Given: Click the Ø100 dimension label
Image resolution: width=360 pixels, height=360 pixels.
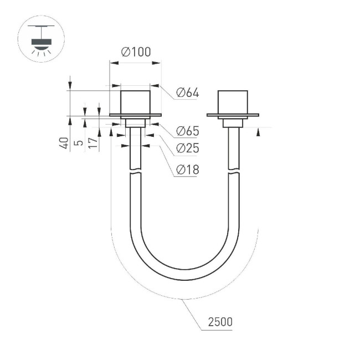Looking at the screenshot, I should pos(136,52).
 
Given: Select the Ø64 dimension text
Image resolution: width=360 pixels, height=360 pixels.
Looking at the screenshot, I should pos(188,93).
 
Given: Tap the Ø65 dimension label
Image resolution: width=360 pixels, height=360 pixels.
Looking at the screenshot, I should pos(188,131).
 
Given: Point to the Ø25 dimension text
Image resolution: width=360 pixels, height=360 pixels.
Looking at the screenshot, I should pos(188,148).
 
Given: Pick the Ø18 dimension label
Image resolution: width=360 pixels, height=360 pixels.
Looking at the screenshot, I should pos(188,171).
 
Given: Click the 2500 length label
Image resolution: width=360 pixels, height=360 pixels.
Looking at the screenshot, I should pos(220,322).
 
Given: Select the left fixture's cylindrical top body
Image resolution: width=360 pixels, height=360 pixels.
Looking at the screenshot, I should pos(136,101).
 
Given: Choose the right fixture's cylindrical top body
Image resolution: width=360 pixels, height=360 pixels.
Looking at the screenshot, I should pos(233,101).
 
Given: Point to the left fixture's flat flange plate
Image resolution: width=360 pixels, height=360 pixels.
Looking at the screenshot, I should pos(136,115).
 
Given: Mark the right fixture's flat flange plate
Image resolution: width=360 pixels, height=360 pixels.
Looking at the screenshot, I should pos(233,115).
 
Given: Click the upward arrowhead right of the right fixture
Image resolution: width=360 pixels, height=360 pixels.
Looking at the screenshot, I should pos(258,131).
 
